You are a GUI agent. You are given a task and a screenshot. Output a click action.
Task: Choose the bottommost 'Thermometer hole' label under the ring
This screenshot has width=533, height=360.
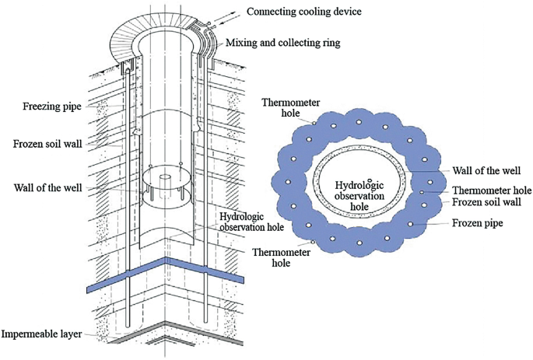point(276,257)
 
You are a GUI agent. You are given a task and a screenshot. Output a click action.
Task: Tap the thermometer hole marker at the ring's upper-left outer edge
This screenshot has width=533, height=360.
point(314,122)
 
